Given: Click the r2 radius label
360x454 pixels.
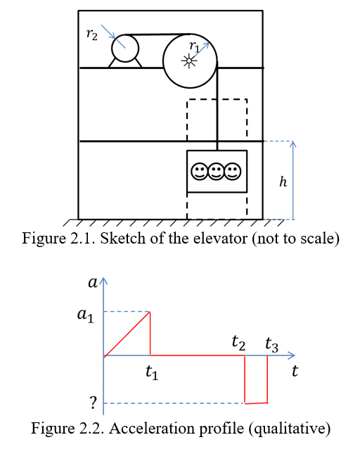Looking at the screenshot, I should click(91, 33).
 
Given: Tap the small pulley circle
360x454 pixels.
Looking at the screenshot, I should click(124, 49).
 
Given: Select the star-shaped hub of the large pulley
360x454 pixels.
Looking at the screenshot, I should click(188, 61).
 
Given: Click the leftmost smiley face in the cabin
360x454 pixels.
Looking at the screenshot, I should click(200, 172).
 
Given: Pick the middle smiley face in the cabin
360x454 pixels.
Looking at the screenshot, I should click(217, 172).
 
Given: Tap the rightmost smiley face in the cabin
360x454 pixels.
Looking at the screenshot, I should click(233, 172).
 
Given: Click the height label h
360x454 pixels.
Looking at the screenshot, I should click(283, 182).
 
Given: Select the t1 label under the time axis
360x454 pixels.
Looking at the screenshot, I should click(151, 374).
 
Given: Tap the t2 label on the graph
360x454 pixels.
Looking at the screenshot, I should click(238, 343).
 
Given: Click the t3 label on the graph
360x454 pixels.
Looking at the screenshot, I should click(271, 345).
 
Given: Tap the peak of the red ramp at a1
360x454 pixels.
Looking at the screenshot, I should click(150, 312).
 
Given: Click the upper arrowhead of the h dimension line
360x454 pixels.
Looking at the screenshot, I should click(294, 144).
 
